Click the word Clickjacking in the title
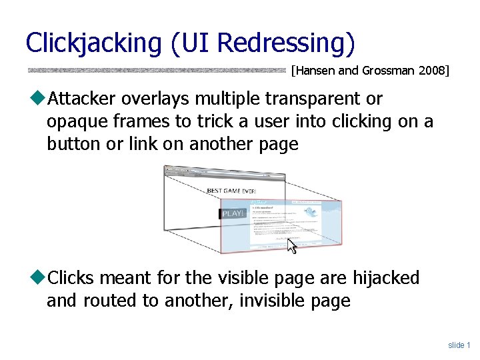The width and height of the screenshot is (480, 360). pyautogui.click(x=93, y=43)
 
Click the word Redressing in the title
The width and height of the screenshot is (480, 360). pyautogui.click(x=286, y=43)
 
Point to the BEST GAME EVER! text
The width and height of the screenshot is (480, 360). pyautogui.click(x=233, y=191)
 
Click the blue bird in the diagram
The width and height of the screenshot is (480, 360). pyautogui.click(x=311, y=213)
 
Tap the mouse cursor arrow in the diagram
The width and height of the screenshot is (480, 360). pyautogui.click(x=291, y=246)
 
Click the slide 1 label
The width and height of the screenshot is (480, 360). pyautogui.click(x=459, y=345)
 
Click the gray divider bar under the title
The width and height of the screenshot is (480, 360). pyautogui.click(x=157, y=69)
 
